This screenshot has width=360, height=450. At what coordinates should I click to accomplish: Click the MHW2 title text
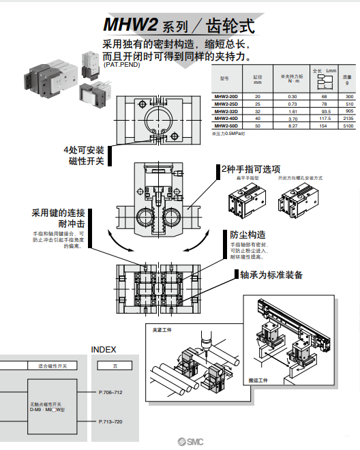[130, 25]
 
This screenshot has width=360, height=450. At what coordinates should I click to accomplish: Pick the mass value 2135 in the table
[348, 118]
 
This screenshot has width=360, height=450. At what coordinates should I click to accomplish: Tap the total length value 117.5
[325, 118]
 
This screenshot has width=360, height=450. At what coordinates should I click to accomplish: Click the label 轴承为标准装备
[271, 275]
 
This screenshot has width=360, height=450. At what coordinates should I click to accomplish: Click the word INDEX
[104, 349]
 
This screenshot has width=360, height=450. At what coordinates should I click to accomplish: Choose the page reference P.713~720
[110, 422]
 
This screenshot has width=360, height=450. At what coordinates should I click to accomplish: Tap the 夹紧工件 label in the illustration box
[163, 329]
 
